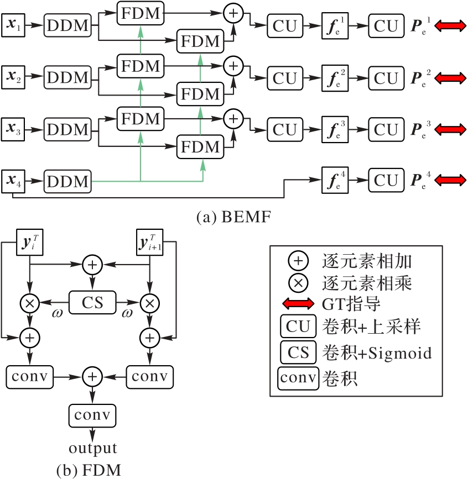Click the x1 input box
[x=13, y=25]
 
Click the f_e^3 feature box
[x=335, y=130]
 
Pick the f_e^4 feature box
[x=335, y=181]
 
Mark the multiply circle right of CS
[x=150, y=302]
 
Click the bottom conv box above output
[x=92, y=414]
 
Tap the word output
[x=92, y=447]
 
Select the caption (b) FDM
[x=89, y=470]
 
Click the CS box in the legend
[x=298, y=352]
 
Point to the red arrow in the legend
[x=298, y=303]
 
